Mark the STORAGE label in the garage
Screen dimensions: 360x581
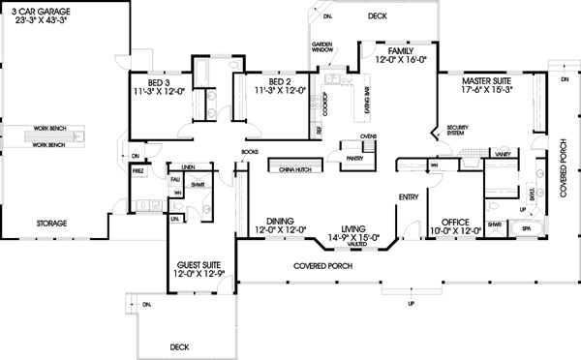point(52,224)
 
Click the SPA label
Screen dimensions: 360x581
point(527,228)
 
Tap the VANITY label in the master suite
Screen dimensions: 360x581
point(503,154)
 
